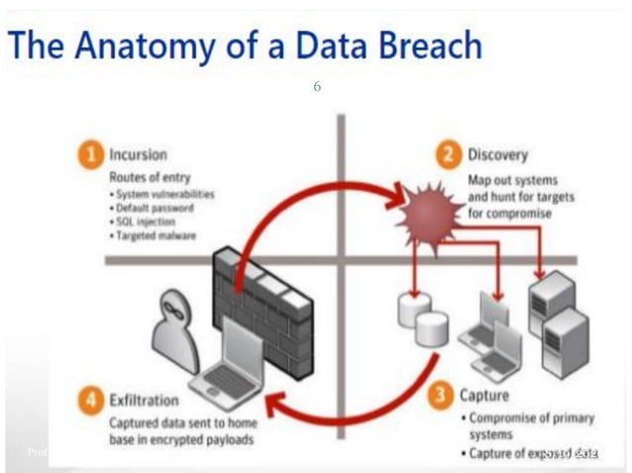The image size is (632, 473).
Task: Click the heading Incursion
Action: (139, 155)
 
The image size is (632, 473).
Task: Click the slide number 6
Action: (317, 87)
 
